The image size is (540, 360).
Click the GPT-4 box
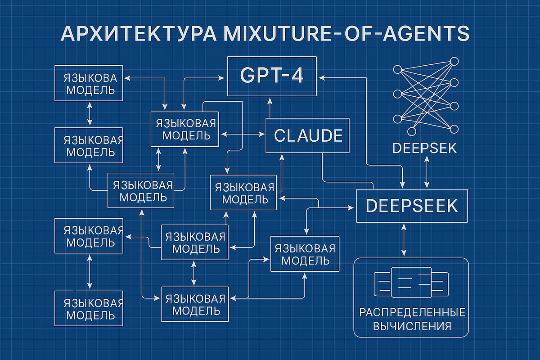point(271,76)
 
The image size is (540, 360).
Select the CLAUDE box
point(307,135)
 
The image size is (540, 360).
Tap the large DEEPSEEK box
point(412,206)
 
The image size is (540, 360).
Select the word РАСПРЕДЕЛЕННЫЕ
point(412,312)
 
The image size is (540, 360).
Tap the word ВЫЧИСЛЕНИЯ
point(412,326)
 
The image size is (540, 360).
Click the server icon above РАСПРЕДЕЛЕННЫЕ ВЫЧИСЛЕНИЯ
point(411,282)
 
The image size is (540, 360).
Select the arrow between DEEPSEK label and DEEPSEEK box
point(427,173)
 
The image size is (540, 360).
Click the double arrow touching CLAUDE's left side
point(243,134)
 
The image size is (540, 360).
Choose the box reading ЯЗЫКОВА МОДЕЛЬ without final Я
point(90,83)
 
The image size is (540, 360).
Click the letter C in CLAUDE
point(280,135)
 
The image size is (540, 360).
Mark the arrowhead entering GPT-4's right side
point(322,77)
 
